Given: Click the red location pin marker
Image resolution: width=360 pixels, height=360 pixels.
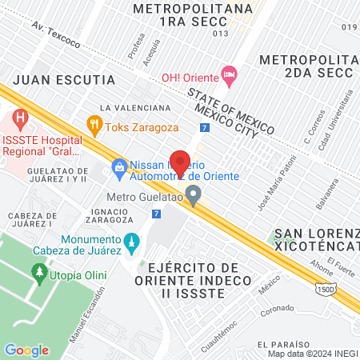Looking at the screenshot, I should point(180,162).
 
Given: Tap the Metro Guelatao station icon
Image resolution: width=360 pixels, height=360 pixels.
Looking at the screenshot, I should point(193,194).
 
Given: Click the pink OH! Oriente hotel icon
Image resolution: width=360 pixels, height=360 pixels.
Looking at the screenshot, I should point(230,76).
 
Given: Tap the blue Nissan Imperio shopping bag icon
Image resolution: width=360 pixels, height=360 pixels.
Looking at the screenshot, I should point(119,166).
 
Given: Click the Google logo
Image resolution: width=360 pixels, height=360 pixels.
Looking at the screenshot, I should point(26,350).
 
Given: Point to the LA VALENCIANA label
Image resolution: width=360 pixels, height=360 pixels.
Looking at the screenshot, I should point(135,107).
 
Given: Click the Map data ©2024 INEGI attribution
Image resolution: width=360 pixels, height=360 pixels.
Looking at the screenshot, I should point(311,354).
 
